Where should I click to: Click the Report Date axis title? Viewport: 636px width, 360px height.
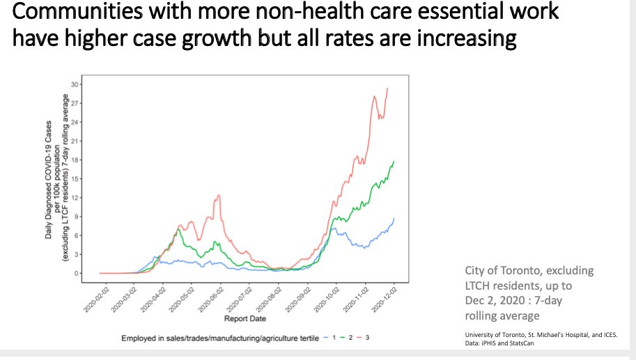coord(243,319)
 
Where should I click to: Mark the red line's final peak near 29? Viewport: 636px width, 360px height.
coord(387,88)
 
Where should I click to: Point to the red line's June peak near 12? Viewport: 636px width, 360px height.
coord(219,195)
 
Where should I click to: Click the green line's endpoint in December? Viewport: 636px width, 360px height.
coord(394,161)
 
